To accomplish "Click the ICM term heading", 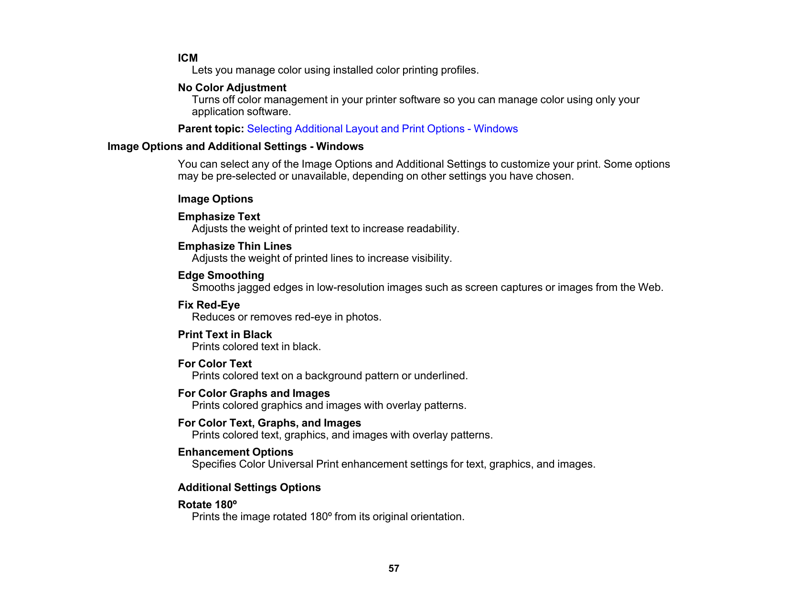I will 188,58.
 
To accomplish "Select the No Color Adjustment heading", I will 232,87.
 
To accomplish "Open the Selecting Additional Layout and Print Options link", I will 382,129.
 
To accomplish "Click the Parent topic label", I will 211,129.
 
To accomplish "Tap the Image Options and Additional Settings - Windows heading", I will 235,147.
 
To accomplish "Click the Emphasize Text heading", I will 219,217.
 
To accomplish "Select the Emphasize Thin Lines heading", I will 234,246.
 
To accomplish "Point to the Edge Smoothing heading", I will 221,276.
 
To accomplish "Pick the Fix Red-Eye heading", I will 209,305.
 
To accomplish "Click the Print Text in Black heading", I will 224,335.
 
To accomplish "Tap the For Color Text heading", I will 214,364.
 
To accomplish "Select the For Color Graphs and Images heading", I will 254,394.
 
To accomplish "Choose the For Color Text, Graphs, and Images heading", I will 269,423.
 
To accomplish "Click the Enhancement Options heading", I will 235,452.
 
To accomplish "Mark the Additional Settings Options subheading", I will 249,488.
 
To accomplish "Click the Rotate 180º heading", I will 207,505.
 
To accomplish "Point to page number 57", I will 394,568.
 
